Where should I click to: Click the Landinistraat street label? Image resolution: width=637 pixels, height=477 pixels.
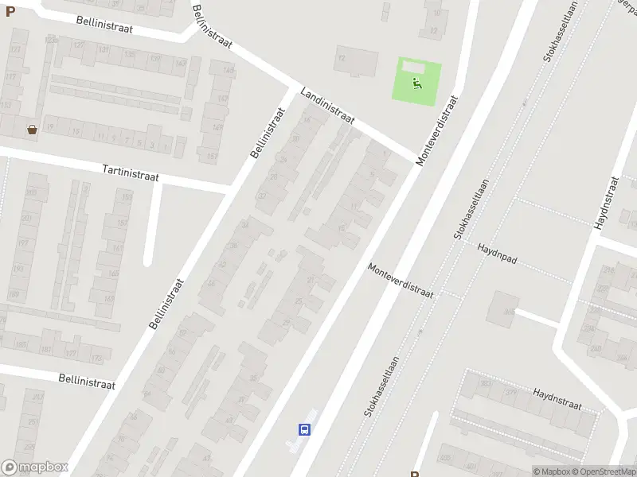click(326, 107)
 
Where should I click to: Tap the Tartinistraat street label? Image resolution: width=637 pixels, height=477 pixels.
click(131, 172)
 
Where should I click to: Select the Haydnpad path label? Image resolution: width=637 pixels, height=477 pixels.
click(498, 249)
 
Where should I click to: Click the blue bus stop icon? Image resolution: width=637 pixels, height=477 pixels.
click(304, 429)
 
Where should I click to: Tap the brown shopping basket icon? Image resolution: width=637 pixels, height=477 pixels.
click(32, 129)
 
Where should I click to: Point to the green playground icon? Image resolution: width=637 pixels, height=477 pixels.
click(416, 82)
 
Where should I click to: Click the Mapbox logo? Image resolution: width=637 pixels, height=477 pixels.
click(35, 467)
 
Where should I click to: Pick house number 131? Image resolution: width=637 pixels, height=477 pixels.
click(104, 48)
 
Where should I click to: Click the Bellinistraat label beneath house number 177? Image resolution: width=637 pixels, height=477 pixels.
click(87, 382)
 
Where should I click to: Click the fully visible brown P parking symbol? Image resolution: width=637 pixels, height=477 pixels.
click(10, 12)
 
